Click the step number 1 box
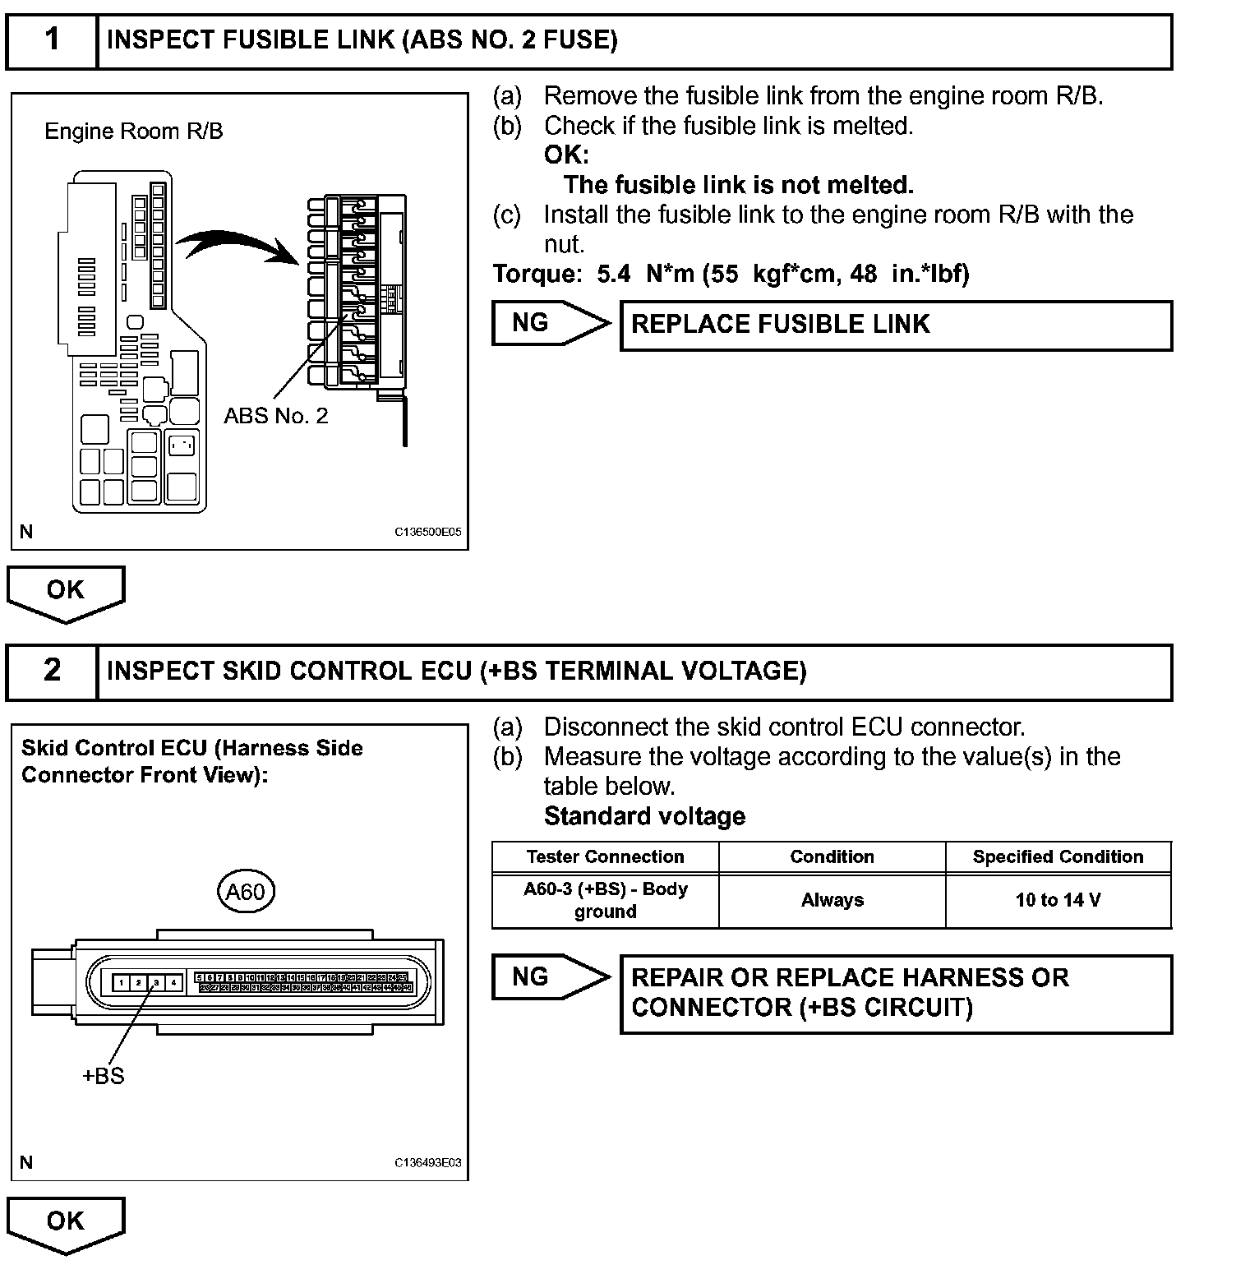point(52,39)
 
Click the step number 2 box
point(52,671)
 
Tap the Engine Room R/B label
point(133,132)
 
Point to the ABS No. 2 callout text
point(276,416)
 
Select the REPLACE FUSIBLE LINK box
point(896,325)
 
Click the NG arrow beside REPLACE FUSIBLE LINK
point(549,323)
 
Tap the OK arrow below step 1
point(66,592)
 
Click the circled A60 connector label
point(245,892)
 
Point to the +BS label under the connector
point(104,1076)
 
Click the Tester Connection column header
point(606,857)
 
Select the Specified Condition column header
point(1058,857)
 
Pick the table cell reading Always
point(832,901)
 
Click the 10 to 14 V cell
point(1058,901)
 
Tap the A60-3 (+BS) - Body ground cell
point(606,901)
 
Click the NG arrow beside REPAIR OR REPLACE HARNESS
point(549,977)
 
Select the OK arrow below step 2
point(66,1223)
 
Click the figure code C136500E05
point(428,532)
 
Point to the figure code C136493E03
point(428,1163)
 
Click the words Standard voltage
point(644,816)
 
